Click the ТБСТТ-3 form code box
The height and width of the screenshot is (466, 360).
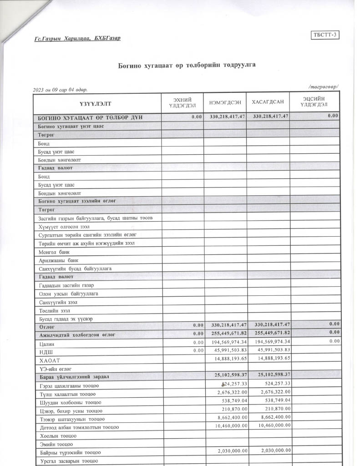click(325, 35)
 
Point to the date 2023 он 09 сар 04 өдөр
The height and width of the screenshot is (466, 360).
click(61, 90)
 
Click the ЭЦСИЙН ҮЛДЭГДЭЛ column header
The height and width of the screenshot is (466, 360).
click(315, 102)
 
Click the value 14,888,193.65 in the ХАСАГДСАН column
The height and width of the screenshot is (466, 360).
click(271, 359)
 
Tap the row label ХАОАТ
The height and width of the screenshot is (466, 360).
click(47, 360)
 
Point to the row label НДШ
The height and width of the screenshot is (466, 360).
click(45, 351)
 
